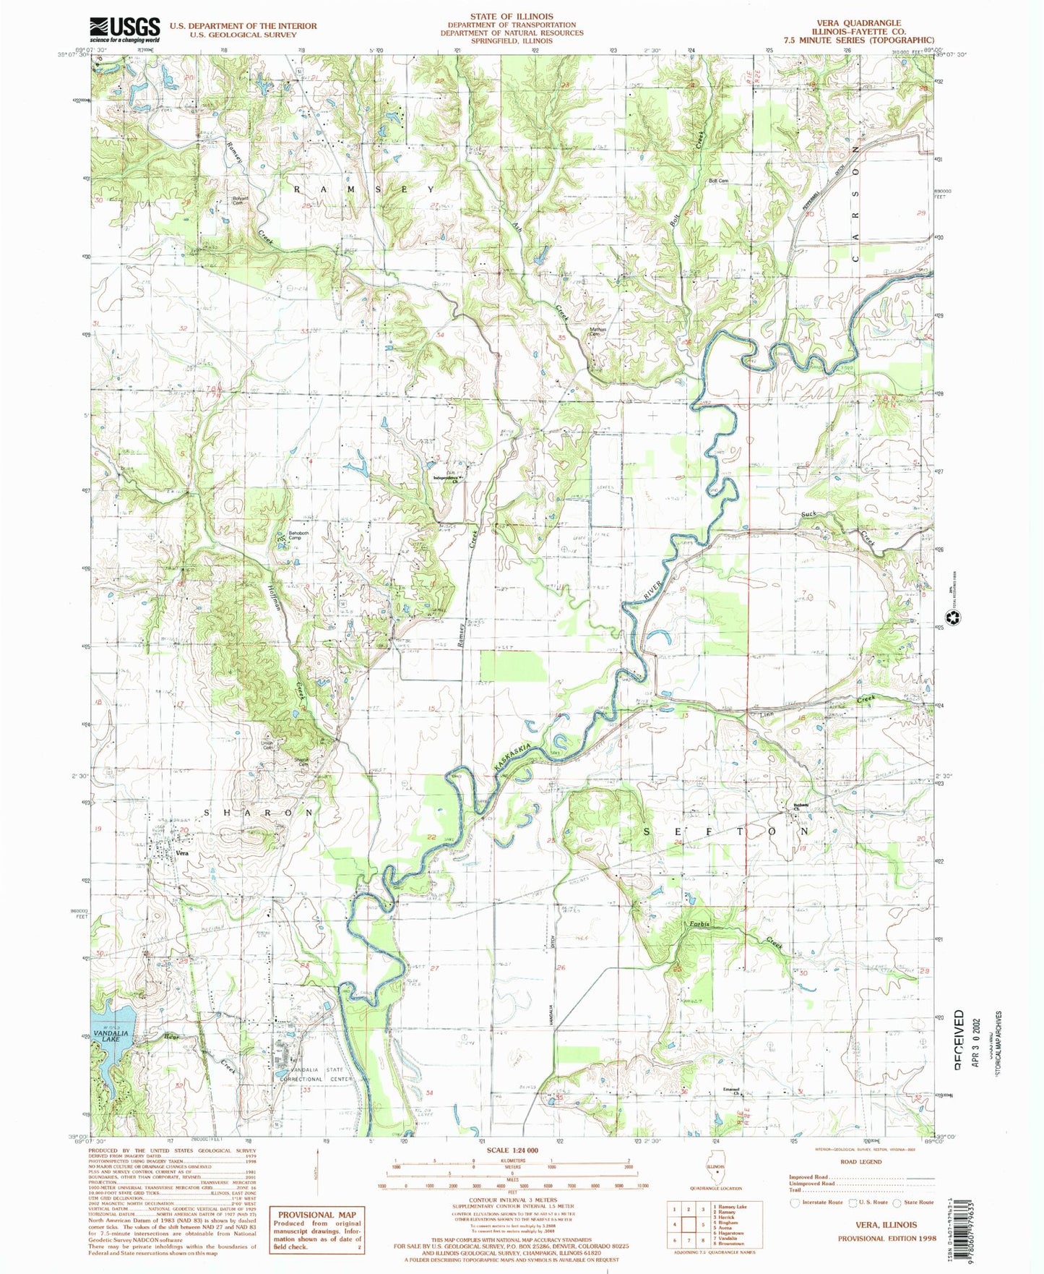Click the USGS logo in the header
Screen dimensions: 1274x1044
124,29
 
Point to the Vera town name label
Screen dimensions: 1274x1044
183,853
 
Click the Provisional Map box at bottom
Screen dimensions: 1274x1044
316,1228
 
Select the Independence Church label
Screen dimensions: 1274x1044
446,480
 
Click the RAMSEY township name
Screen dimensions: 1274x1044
364,189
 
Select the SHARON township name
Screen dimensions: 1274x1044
258,813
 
